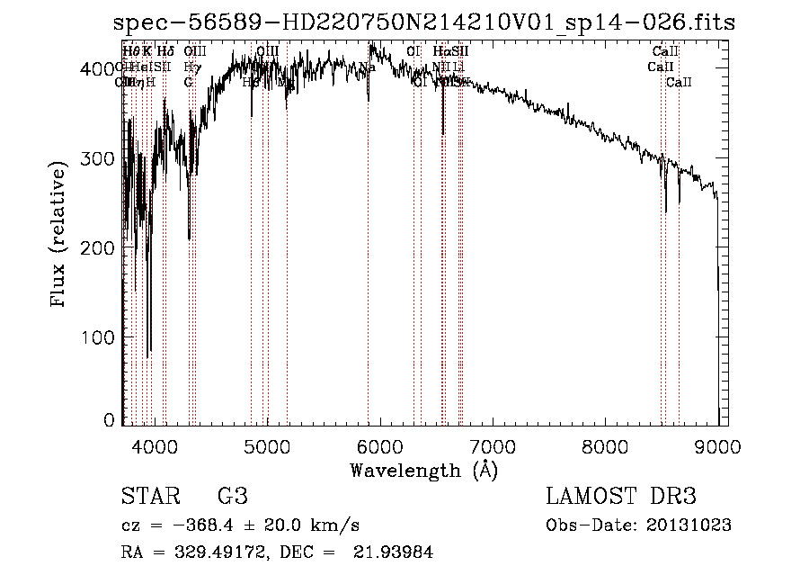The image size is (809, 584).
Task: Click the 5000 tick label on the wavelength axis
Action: pyautogui.click(x=266, y=445)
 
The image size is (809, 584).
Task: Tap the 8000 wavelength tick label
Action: pyautogui.click(x=605, y=445)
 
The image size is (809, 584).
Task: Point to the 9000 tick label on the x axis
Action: pyautogui.click(x=717, y=445)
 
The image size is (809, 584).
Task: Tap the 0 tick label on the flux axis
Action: pyautogui.click(x=110, y=420)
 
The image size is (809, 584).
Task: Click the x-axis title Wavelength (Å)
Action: pyautogui.click(x=423, y=470)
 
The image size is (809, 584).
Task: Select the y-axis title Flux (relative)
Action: pyautogui.click(x=60, y=235)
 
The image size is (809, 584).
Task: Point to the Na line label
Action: pyautogui.click(x=367, y=67)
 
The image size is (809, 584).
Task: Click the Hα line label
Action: pyautogui.click(x=440, y=52)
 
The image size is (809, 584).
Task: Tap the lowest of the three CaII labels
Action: pyautogui.click(x=679, y=83)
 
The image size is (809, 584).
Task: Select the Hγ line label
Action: pyautogui.click(x=191, y=67)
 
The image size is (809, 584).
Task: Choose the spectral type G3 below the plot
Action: pyautogui.click(x=233, y=496)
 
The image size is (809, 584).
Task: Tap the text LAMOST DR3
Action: pyautogui.click(x=621, y=496)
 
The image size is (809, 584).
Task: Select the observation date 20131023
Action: pyautogui.click(x=689, y=526)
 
